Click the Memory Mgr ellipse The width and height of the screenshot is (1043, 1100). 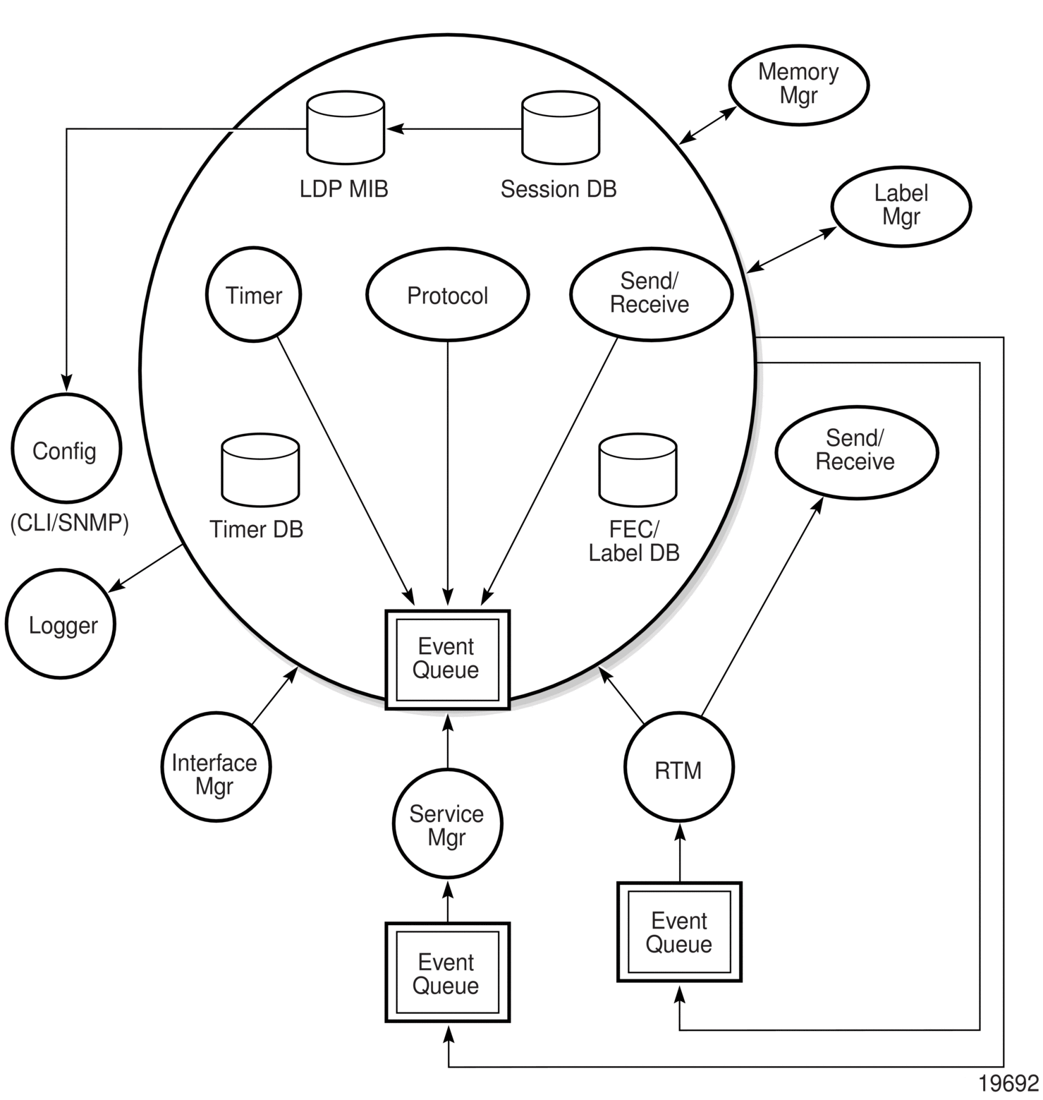[798, 85]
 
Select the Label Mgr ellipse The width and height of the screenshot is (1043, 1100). [901, 206]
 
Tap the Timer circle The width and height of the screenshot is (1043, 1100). [254, 294]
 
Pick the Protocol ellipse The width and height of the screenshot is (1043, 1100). [448, 295]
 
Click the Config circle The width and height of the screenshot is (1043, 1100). [66, 449]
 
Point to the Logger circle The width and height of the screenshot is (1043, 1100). [61, 624]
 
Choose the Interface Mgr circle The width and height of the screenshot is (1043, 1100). [215, 767]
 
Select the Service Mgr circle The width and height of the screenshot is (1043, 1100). [447, 824]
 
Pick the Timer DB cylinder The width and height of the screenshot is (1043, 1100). [260, 470]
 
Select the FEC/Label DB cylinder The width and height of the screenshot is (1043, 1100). [638, 470]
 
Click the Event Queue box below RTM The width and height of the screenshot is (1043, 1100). [679, 931]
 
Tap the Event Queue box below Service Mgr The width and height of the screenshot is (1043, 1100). [447, 972]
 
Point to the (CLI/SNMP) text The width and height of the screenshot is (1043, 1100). [70, 524]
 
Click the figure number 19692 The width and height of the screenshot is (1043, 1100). [1008, 1084]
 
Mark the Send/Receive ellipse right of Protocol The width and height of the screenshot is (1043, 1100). [651, 294]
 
